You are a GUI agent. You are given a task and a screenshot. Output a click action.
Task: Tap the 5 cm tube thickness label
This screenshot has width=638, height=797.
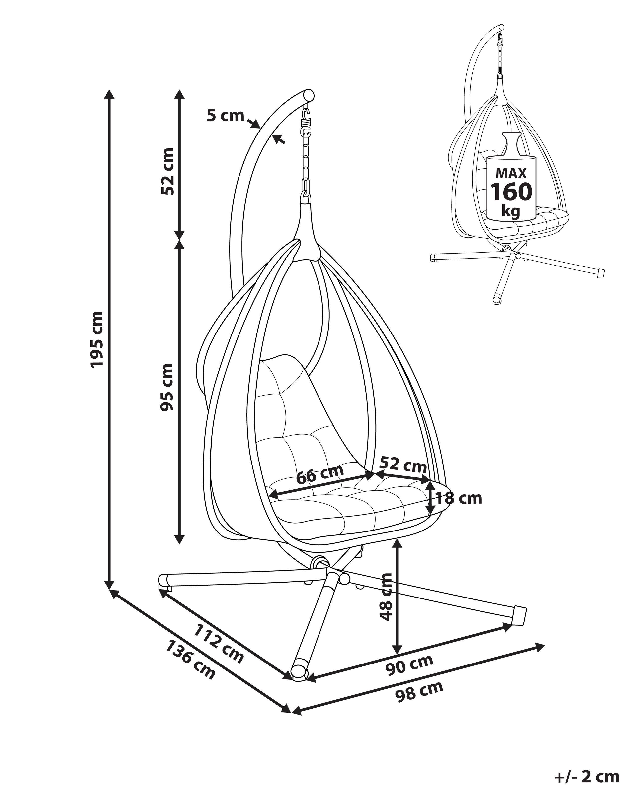(225, 116)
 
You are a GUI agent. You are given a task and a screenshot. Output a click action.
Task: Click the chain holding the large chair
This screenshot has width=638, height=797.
(306, 159)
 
